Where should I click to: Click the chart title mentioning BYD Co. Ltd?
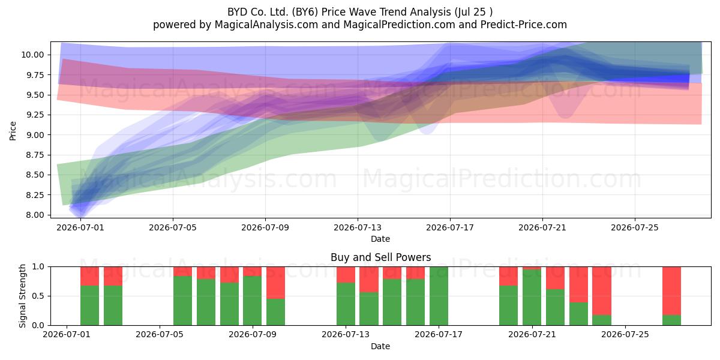tap(359, 12)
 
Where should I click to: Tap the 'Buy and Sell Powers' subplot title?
tap(380, 257)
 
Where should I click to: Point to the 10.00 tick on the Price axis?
tap(32, 55)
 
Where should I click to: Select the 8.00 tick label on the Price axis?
tap(34, 215)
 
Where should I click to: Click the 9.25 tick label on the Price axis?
tap(34, 115)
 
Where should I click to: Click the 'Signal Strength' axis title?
tap(22, 296)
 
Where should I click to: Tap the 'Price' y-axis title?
tap(13, 131)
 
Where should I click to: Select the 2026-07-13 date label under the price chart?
tap(358, 227)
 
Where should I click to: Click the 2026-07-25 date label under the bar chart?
tap(625, 334)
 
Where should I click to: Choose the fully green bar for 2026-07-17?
tap(439, 296)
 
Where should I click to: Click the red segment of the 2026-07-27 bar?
tap(671, 291)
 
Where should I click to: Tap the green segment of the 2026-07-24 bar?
tap(602, 320)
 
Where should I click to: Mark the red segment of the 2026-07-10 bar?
tap(275, 283)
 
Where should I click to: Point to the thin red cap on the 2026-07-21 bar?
tap(532, 268)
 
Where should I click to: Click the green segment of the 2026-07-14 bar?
tap(368, 308)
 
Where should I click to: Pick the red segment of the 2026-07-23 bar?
tap(578, 284)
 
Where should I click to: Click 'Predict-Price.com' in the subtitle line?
tap(524, 25)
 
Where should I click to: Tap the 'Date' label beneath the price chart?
tap(380, 239)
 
